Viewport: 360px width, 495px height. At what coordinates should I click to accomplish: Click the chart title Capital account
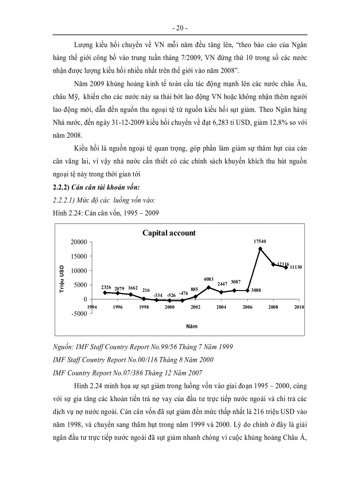169,233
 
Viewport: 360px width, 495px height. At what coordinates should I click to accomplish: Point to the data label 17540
260,241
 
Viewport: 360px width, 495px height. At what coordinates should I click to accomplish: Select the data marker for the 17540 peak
260,249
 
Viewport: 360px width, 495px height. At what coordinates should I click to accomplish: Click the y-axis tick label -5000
79,314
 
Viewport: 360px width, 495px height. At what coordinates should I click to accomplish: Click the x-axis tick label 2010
299,307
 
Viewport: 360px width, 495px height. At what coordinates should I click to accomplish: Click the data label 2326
106,287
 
